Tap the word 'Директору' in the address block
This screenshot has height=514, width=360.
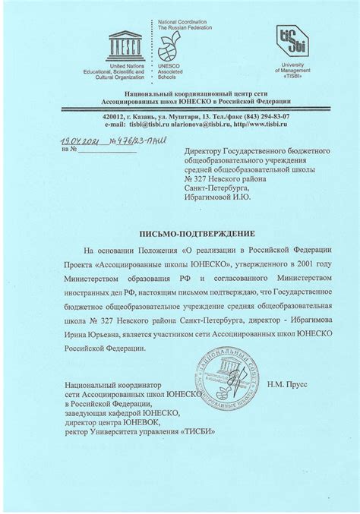(207, 151)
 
